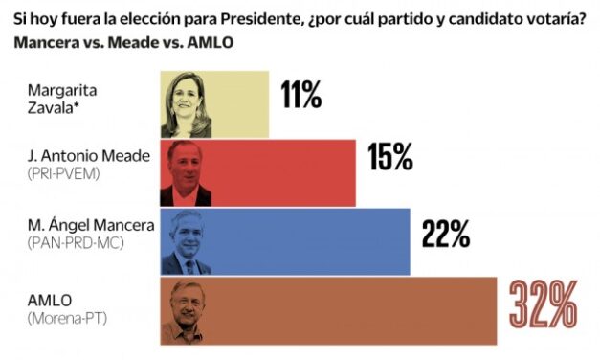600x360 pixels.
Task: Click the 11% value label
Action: coord(300,96)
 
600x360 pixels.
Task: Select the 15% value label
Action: coord(389,158)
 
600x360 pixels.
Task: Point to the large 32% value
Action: coord(542,305)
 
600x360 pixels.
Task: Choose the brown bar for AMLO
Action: coord(354,311)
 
